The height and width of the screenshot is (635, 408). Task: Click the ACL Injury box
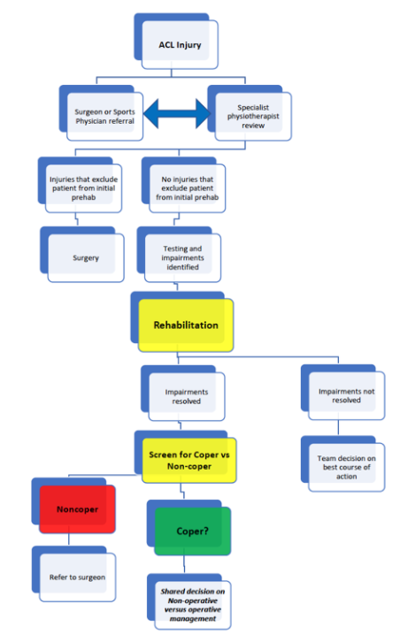coord(180,44)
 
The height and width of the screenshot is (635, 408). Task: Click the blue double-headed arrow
coord(177,114)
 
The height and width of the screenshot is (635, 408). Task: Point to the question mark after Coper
coord(206,531)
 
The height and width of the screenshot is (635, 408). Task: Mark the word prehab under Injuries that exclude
coord(83,197)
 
